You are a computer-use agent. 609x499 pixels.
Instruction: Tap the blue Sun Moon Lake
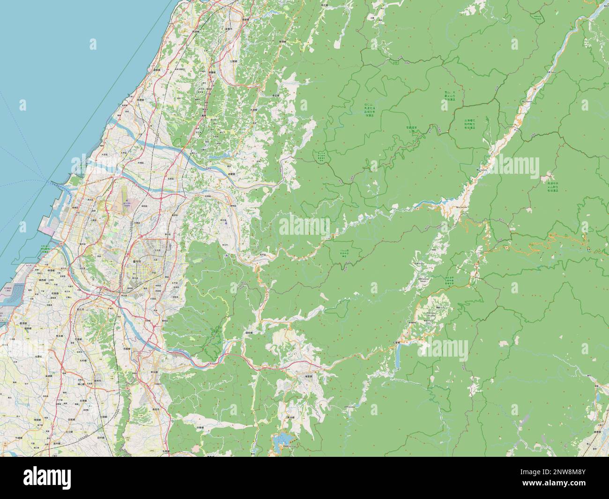(x=282, y=439)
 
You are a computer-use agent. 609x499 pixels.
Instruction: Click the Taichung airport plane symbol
(x=126, y=202)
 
